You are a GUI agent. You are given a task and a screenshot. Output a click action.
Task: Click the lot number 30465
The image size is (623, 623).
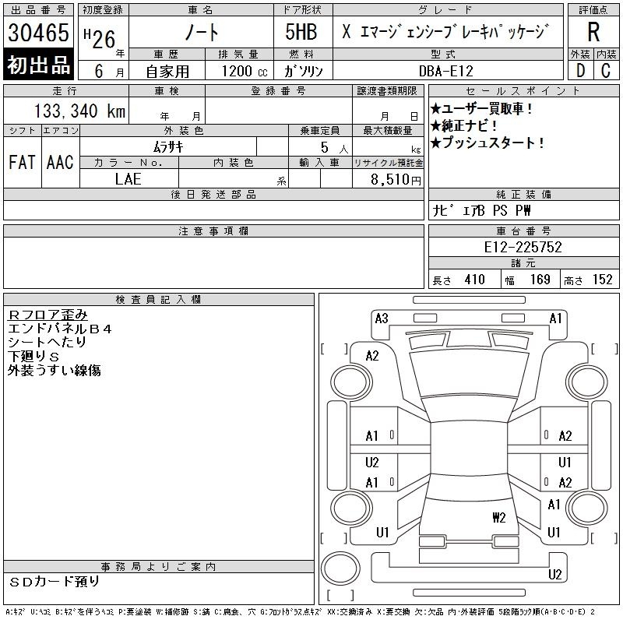tap(38, 33)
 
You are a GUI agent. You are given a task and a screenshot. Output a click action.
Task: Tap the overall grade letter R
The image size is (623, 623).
tap(593, 32)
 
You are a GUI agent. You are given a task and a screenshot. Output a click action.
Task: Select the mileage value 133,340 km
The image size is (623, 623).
tap(80, 111)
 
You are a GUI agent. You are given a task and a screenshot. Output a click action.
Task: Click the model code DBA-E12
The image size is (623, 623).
tap(446, 71)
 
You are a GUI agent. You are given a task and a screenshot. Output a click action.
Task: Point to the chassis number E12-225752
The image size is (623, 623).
tap(523, 247)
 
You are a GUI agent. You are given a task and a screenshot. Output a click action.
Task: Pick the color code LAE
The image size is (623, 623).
tap(128, 179)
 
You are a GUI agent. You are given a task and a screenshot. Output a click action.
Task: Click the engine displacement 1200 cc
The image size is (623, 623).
tap(245, 71)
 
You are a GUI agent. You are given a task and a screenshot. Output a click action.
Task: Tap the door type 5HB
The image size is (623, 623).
tap(301, 32)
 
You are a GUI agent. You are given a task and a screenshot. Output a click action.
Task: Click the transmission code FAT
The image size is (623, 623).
tap(22, 162)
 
